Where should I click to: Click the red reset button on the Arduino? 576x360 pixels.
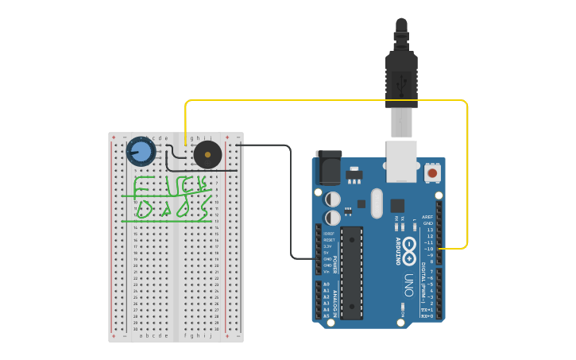[x=432, y=172]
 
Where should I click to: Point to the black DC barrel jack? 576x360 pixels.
[x=328, y=168]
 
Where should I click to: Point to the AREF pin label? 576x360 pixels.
[x=427, y=217]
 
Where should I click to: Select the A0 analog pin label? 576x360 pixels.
[x=326, y=284]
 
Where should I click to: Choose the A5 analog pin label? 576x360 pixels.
[x=326, y=315]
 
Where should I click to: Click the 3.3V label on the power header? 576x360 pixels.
[x=327, y=246]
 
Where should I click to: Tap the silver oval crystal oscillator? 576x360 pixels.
[x=376, y=203]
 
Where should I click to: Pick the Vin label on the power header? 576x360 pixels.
[x=327, y=272]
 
